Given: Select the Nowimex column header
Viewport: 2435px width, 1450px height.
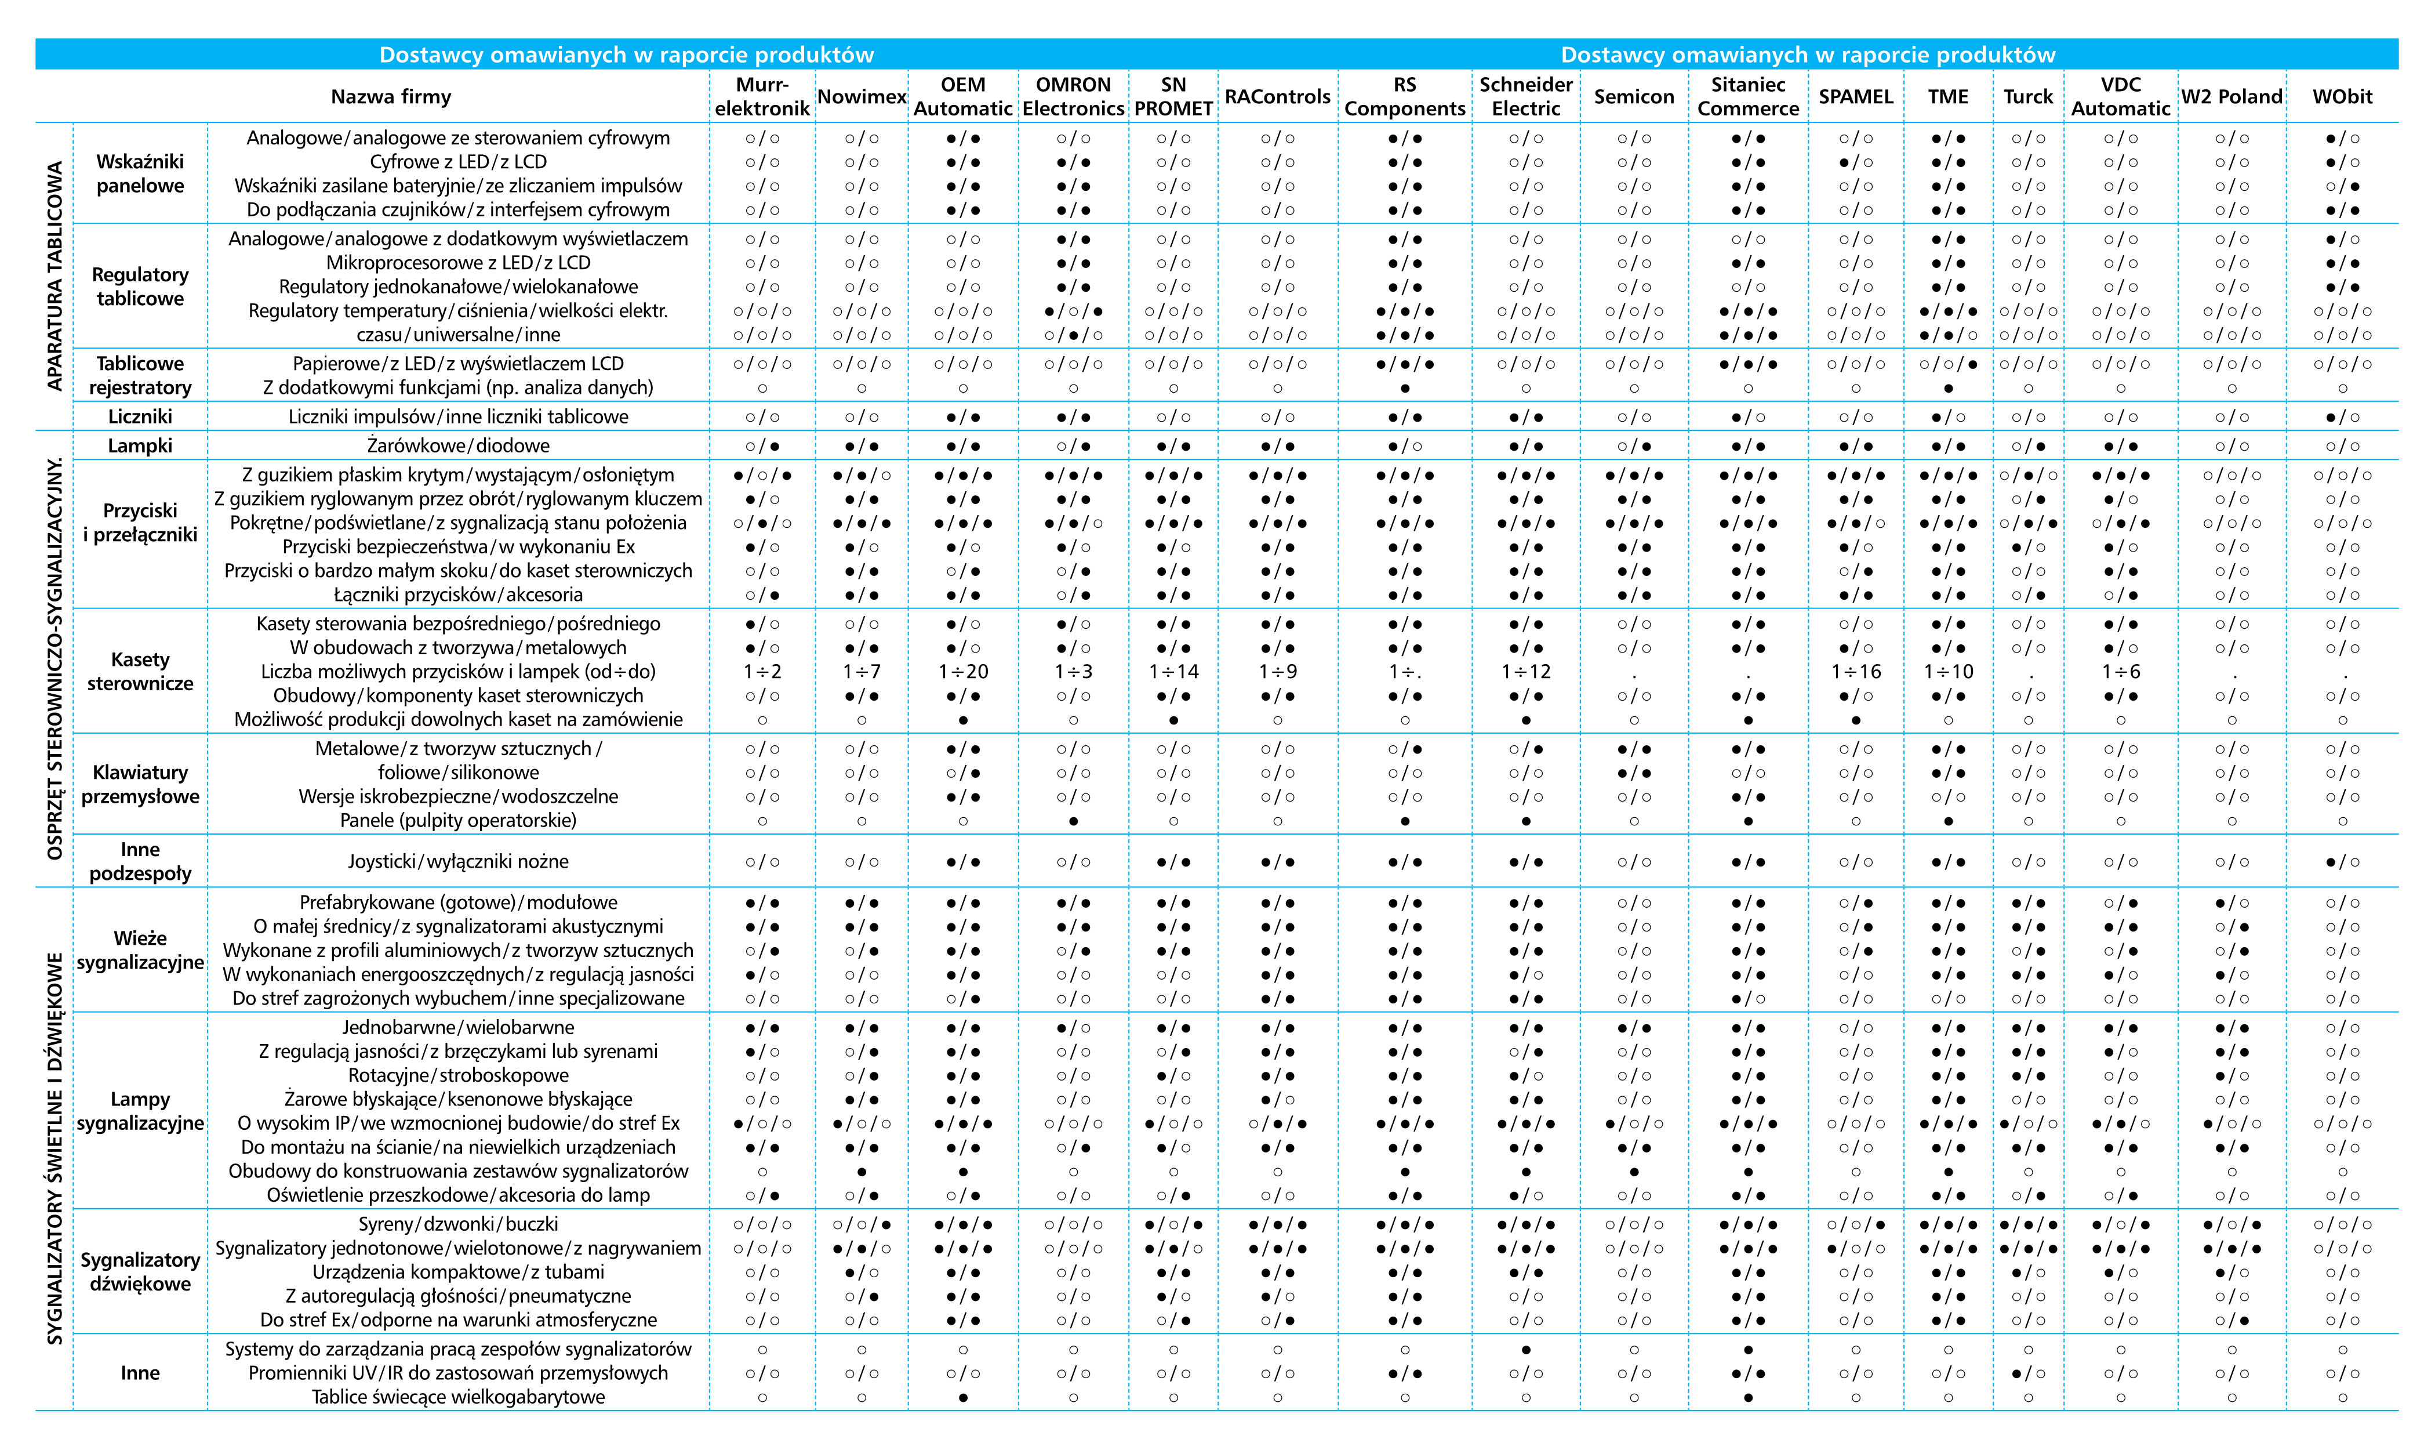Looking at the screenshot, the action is (862, 97).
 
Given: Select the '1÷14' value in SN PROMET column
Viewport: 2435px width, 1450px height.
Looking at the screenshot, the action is (1173, 671).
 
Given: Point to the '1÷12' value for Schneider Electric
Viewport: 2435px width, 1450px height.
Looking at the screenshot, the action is (1526, 671).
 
